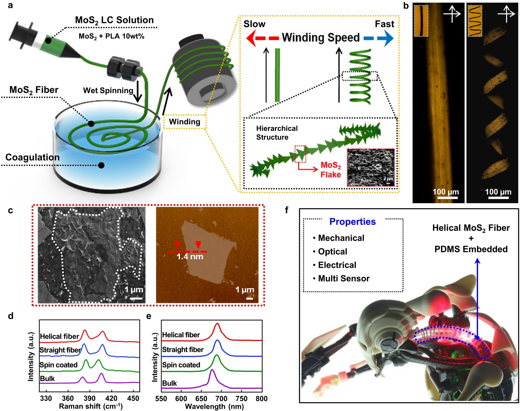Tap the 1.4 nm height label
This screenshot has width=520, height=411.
tap(190, 256)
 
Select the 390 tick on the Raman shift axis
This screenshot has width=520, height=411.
tap(90, 398)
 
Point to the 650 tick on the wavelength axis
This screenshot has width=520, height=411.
tap(201, 398)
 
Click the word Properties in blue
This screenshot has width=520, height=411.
tap(352, 222)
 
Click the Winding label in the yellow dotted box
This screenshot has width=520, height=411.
tap(185, 122)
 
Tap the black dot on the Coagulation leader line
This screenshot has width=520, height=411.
tap(101, 165)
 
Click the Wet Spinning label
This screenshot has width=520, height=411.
tap(108, 90)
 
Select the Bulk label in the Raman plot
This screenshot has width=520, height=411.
tap(47, 378)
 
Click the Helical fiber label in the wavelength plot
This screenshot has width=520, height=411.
tap(181, 335)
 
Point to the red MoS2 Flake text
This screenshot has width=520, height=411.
tap(331, 170)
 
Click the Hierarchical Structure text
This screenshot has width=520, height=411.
tap(277, 133)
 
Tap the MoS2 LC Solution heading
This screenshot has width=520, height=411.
tap(114, 20)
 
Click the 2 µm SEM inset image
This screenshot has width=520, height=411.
tap(371, 167)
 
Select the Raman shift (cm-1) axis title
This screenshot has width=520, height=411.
tap(91, 406)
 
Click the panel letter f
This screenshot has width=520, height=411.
tap(286, 210)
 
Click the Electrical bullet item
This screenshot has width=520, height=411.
tap(337, 265)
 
